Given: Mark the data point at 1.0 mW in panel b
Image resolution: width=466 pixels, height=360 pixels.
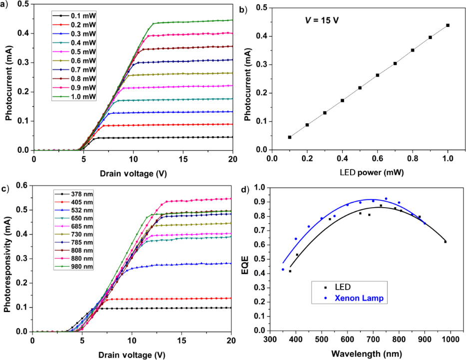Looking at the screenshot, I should click(x=448, y=25).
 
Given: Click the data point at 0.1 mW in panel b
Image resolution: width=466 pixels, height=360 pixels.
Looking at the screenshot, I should click(x=290, y=137).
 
